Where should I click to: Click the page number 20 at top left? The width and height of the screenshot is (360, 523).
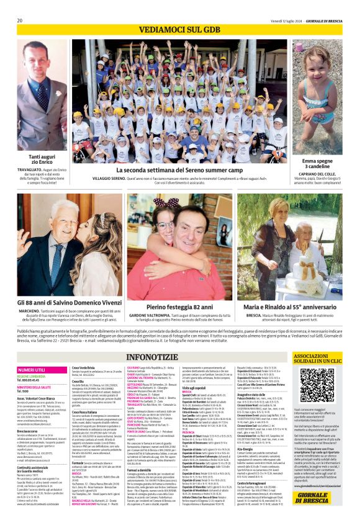coord(20,20)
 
